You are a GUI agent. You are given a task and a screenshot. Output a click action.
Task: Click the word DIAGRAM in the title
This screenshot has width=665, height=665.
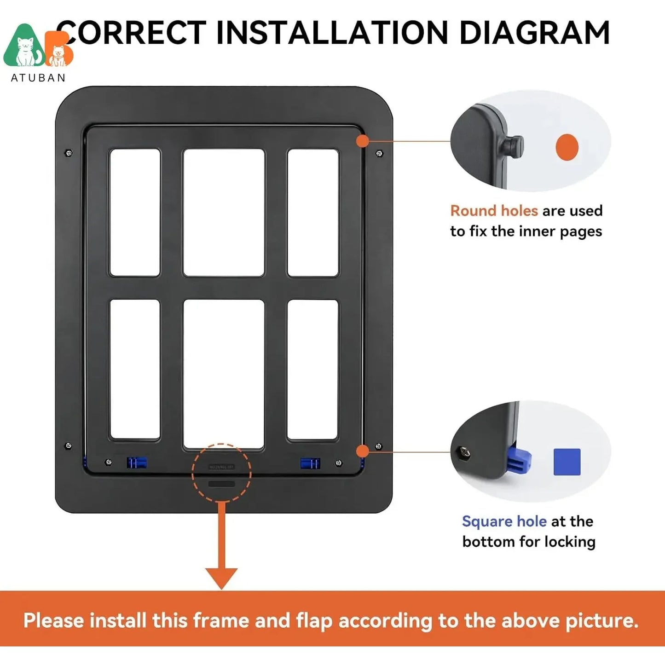click(x=534, y=33)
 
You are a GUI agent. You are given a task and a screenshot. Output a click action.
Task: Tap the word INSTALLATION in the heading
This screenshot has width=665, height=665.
click(x=332, y=33)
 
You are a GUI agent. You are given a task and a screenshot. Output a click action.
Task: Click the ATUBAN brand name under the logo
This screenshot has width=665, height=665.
click(x=38, y=78)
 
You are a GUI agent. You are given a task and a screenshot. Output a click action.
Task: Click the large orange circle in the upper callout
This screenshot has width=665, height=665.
click(x=567, y=147)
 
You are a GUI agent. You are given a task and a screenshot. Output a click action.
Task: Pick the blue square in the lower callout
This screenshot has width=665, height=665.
click(x=567, y=462)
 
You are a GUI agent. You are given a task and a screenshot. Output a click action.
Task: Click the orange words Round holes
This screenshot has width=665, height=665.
click(x=494, y=211)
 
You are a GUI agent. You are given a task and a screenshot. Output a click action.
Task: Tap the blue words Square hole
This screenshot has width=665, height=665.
click(x=504, y=521)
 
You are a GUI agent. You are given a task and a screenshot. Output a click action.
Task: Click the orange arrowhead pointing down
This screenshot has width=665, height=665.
click(x=221, y=578)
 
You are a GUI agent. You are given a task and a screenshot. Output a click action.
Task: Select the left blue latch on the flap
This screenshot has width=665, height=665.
click(x=137, y=463)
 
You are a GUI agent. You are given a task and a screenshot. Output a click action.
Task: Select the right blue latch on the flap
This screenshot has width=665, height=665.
click(x=310, y=463)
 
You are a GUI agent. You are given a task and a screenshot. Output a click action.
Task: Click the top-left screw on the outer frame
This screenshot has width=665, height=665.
click(x=69, y=153)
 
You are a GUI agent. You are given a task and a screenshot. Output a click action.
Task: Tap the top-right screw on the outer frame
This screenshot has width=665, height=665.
click(x=380, y=153)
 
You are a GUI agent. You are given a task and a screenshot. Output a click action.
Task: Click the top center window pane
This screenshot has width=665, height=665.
click(x=224, y=212)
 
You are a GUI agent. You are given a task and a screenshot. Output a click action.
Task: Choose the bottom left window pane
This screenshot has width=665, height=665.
click(x=135, y=369)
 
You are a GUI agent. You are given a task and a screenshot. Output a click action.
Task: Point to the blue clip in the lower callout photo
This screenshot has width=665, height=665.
click(x=520, y=461)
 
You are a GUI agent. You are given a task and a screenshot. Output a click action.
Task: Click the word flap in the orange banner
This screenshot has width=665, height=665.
click(x=314, y=620)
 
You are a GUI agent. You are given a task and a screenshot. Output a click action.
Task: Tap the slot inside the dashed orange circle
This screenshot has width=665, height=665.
click(x=221, y=484)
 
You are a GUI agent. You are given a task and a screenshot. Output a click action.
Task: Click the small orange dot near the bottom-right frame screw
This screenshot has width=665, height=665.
click(x=363, y=451)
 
